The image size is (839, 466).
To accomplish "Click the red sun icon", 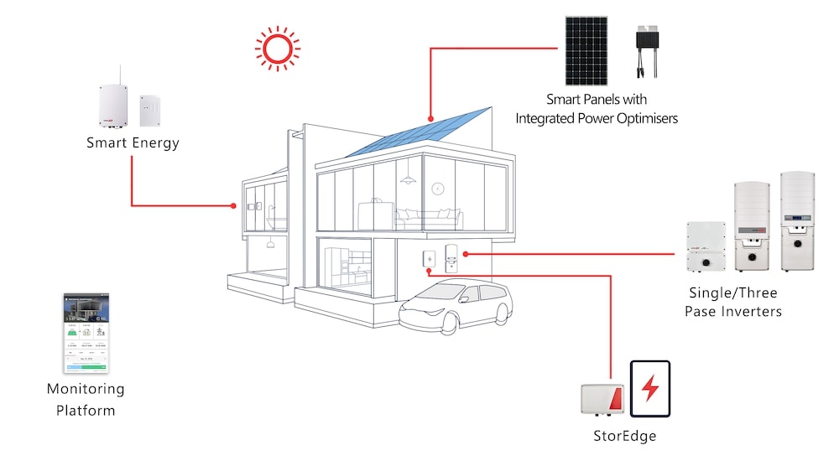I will [278, 48].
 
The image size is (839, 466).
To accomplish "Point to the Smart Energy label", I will [133, 142].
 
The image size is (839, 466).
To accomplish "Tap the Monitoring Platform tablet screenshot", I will [86, 333].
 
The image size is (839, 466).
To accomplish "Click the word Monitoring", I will [86, 390].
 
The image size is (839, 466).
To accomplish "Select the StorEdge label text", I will [624, 436].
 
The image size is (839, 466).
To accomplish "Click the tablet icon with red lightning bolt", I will [650, 389].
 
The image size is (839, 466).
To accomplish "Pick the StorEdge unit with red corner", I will [602, 399].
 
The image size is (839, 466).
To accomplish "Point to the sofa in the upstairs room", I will [429, 219].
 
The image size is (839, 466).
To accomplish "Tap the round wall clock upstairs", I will [436, 189].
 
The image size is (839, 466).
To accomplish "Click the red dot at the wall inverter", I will [464, 253].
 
